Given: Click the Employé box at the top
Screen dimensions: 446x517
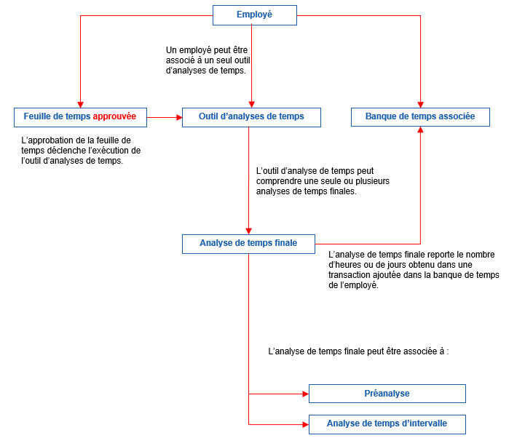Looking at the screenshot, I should coord(254,15).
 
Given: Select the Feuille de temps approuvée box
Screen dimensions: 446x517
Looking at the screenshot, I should coord(79,116).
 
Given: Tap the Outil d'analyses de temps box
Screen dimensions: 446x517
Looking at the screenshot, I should coord(251,116).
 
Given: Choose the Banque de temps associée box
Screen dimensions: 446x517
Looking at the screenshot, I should coord(420,116).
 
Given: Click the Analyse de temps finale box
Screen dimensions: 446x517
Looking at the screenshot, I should coord(248,244).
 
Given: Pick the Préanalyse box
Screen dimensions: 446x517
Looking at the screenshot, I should coord(387,394).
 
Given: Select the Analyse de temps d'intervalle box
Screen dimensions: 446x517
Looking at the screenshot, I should coord(387,423).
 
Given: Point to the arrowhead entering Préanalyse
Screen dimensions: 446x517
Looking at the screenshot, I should coord(304,394).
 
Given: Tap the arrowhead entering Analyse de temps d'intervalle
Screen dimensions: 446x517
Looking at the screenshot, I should coord(304,423).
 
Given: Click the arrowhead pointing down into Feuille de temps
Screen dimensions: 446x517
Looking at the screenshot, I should coord(80,104).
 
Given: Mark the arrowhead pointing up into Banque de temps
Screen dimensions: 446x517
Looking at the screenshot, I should coord(420,130).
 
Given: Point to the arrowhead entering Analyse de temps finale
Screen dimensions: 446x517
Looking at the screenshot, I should coord(249,230).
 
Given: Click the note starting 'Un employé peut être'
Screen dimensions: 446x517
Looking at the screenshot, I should coord(209,60).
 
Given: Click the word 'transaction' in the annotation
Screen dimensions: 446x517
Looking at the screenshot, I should coord(352,275).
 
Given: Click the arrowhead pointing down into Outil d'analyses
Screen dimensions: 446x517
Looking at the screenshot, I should coord(251,104).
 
